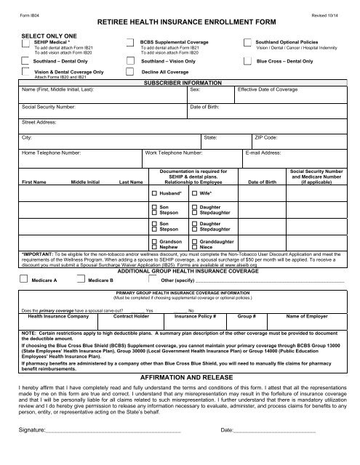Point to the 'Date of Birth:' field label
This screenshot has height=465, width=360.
[206, 106]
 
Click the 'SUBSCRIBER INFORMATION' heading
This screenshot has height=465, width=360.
[180, 84]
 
